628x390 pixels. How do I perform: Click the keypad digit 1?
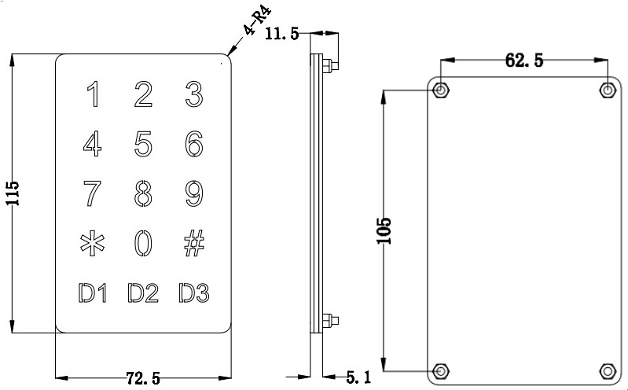coord(94,94)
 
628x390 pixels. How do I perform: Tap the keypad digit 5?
coord(143,143)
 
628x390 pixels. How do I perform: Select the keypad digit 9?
coord(194,193)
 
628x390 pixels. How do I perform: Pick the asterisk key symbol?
coord(93,243)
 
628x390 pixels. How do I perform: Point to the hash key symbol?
coord(194,243)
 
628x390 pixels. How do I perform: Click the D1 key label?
coord(93,293)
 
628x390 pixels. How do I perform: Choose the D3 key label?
coord(194,293)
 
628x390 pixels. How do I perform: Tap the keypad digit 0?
coord(143,243)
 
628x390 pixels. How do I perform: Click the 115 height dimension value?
coord(13,193)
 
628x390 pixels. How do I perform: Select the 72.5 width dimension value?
coord(143,378)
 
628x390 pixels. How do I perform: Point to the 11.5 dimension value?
coord(282,34)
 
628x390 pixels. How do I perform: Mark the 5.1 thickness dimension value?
coord(358,377)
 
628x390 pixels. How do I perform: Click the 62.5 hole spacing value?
coord(524,60)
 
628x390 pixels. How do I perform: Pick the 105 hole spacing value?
coord(384,231)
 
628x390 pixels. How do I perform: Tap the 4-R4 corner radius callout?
coord(257,21)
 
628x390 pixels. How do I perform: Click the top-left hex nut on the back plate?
coord(441,90)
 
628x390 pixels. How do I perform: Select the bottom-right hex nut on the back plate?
coord(608,371)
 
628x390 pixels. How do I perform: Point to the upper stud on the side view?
coord(330,65)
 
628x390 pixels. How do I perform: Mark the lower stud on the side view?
coord(330,321)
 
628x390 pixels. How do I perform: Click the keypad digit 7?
coord(92,193)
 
